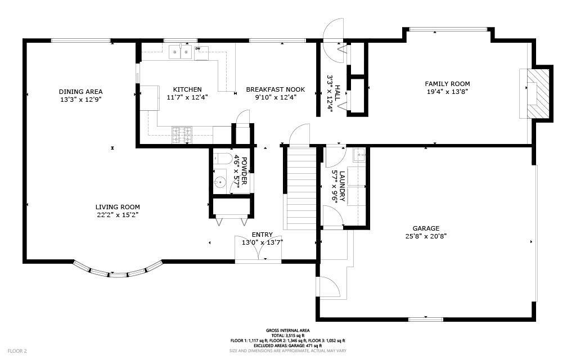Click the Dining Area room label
[81, 92]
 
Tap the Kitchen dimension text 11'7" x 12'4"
[187, 97]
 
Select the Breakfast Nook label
[276, 89]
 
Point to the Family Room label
[447, 84]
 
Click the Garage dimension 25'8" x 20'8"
[426, 236]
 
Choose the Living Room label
[118, 207]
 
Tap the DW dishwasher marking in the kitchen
[197, 48]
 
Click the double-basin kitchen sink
[181, 52]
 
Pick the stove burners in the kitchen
[182, 135]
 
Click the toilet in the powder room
[222, 159]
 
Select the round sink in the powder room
[220, 181]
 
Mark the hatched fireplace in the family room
[538, 93]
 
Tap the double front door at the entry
[259, 247]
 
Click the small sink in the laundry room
[359, 155]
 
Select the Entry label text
[262, 235]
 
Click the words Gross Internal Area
[287, 331]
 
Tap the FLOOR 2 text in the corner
[17, 351]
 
